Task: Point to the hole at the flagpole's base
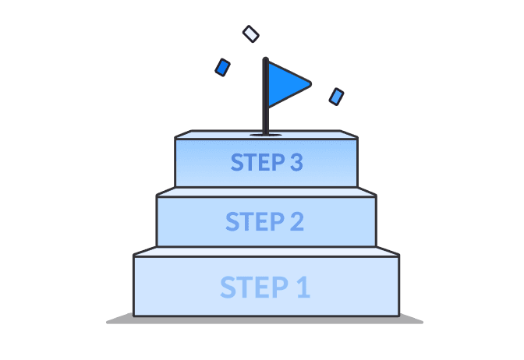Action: point(266,135)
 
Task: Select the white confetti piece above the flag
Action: point(250,34)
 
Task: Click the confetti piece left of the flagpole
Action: point(223,68)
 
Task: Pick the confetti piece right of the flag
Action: point(336,96)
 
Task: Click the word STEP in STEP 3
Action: point(254,163)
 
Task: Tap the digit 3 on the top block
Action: point(294,163)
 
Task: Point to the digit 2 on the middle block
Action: point(296,221)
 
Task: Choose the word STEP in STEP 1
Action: point(249,287)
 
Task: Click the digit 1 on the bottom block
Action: point(303,287)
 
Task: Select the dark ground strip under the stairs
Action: point(265,319)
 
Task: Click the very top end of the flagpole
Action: point(265,58)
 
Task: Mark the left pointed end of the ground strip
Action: point(108,321)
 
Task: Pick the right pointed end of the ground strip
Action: point(421,321)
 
